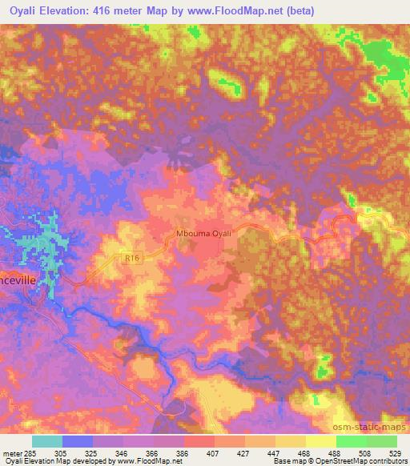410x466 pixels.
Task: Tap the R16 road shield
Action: coord(134,257)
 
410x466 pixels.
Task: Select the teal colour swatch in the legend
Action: coord(47,440)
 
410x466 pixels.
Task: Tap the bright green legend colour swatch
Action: coord(351,440)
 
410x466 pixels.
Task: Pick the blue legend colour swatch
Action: coord(78,440)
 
